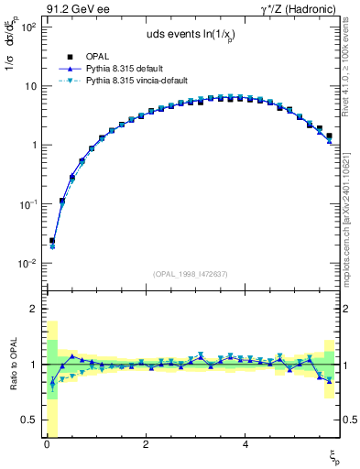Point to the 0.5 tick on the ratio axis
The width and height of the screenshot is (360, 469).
click(29, 420)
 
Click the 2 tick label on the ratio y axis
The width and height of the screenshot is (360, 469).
click(34, 310)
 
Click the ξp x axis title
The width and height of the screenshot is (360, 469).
click(334, 455)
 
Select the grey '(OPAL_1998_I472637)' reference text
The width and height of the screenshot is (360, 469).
click(191, 274)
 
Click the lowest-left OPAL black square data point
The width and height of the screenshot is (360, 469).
click(52, 241)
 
